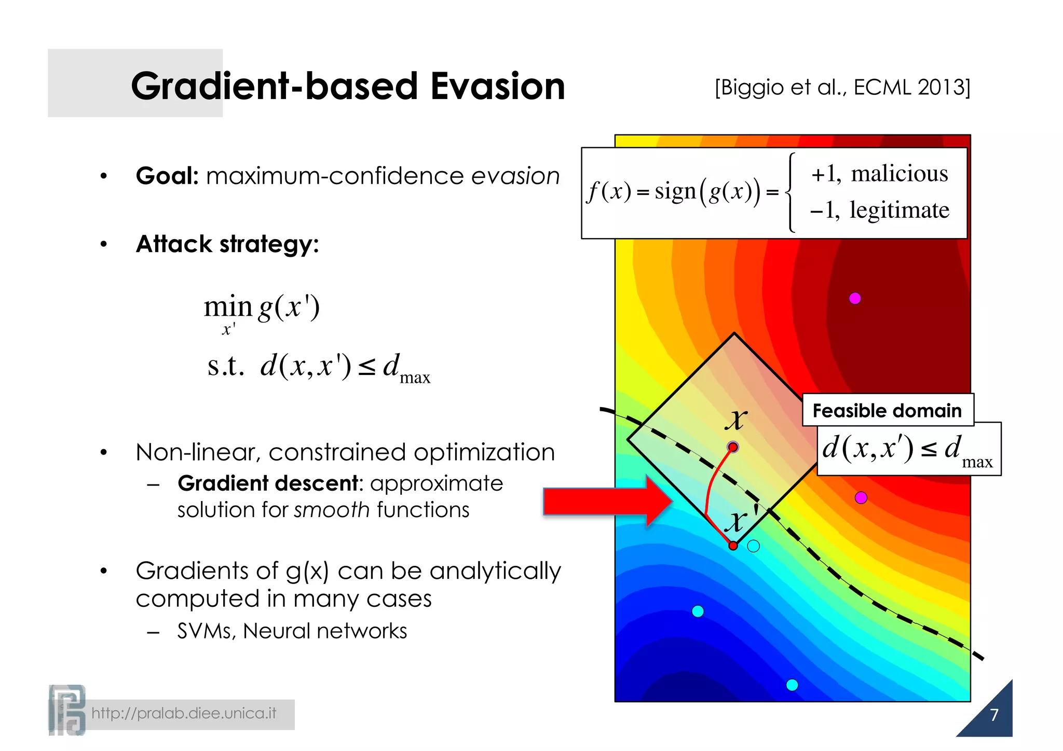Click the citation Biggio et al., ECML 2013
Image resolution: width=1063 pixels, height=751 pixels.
842,87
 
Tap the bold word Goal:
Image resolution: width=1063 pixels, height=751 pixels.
167,176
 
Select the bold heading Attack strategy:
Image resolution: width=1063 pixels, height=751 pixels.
227,244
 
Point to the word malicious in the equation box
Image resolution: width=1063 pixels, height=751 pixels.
899,173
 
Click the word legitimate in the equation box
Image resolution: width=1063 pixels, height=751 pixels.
899,210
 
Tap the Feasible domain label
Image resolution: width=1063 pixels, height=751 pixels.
887,410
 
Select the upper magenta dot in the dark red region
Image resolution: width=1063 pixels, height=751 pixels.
855,298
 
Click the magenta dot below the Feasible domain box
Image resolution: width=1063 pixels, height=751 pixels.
861,498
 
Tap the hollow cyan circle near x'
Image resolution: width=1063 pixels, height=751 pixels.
754,546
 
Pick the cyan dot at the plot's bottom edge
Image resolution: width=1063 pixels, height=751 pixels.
792,685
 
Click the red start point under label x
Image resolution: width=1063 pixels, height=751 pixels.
733,447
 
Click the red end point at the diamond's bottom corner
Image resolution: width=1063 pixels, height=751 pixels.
733,546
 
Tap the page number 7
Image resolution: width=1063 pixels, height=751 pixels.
994,715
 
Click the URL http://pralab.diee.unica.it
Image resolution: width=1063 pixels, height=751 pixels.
184,714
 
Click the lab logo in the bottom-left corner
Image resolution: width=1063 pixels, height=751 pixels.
67,710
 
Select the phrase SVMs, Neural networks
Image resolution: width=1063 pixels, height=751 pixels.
292,631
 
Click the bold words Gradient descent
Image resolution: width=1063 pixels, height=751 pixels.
268,483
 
